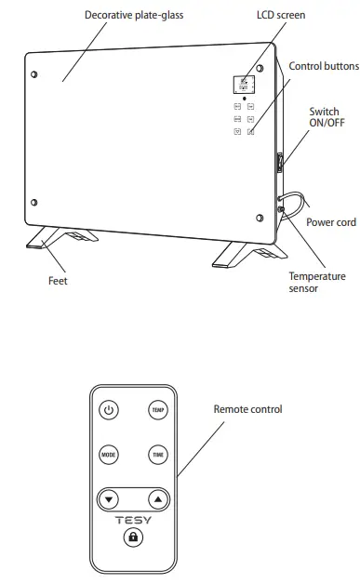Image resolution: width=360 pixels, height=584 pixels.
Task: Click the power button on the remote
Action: [x=109, y=410]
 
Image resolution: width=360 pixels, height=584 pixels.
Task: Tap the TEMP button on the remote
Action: [x=157, y=410]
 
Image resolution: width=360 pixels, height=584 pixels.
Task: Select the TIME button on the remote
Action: [x=157, y=455]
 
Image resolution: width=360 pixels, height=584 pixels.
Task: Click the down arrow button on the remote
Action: [x=111, y=499]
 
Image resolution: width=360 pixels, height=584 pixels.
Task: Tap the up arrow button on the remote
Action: [x=157, y=499]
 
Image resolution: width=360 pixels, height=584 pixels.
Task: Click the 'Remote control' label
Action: [x=247, y=409]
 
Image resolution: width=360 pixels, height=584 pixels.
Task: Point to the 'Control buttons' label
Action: [x=323, y=66]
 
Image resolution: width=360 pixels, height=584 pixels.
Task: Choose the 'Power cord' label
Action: [x=331, y=223]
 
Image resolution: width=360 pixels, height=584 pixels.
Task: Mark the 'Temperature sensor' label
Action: [x=316, y=283]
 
